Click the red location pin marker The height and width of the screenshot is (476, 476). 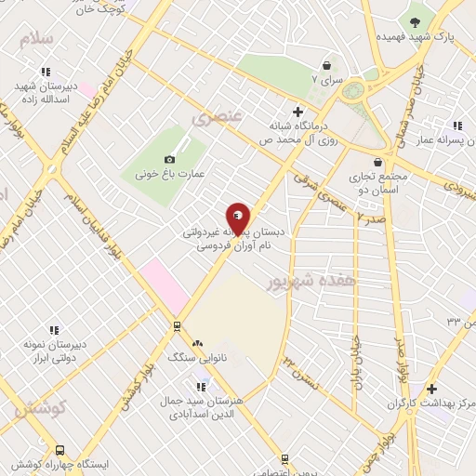(x=238, y=218)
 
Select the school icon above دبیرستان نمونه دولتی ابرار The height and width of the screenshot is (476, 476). (x=53, y=329)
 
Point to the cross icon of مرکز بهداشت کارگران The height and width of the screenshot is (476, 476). (x=430, y=389)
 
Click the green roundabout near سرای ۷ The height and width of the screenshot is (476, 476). (x=352, y=91)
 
